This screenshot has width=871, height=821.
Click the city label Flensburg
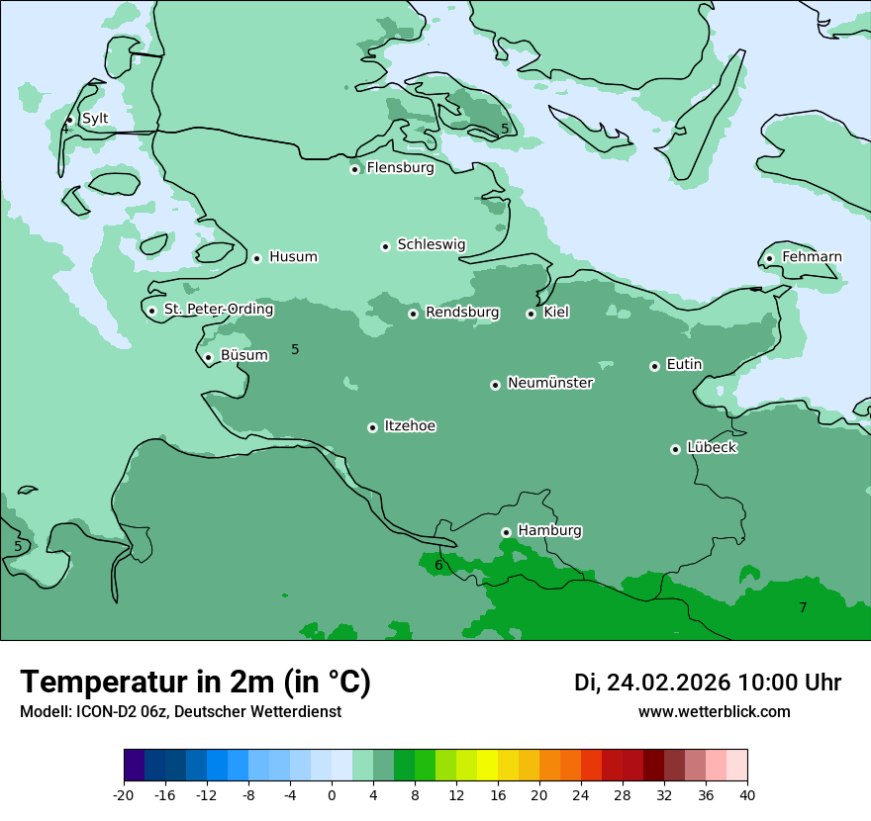400,168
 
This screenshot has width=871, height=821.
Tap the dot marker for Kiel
531,314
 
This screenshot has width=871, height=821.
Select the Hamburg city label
549,531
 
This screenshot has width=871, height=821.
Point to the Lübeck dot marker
675,449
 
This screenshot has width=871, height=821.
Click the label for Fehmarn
812,257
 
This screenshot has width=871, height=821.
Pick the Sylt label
95,119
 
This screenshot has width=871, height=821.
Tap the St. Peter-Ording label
219,310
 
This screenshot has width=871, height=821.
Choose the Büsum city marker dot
208,357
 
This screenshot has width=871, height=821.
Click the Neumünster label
550,383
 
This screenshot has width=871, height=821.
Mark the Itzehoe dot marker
372,427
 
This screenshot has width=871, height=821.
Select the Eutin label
684,365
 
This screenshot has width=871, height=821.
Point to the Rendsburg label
462,313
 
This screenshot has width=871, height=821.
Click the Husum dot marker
256,258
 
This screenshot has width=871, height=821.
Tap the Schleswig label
431,244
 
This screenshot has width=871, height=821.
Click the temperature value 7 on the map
803,607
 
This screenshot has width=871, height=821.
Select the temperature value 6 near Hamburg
439,566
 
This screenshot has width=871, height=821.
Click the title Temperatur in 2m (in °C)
195,682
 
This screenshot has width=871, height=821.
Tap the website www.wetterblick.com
714,711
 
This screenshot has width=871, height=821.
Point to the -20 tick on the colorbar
124,794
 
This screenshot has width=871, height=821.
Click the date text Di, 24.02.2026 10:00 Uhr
708,683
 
